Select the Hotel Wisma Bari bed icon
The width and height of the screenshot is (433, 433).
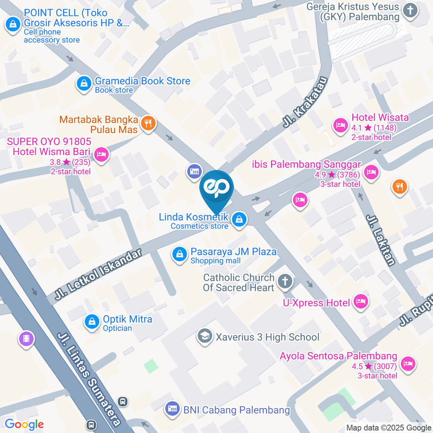click(x=102, y=155)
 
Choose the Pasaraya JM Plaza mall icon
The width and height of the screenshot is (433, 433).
click(x=180, y=254)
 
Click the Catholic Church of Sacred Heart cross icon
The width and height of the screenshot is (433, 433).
click(x=285, y=282)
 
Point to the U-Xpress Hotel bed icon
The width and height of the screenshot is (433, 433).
click(x=360, y=302)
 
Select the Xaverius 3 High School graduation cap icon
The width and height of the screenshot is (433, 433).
click(x=205, y=336)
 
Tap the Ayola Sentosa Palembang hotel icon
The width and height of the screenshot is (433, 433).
click(x=408, y=364)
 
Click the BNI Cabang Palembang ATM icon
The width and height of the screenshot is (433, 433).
click(x=172, y=409)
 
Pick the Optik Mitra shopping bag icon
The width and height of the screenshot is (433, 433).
click(x=92, y=322)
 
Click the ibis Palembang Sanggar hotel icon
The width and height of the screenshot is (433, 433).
click(x=371, y=172)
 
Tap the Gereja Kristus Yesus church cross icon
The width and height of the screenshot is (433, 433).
click(x=410, y=11)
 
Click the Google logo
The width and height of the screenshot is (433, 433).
click(x=24, y=424)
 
